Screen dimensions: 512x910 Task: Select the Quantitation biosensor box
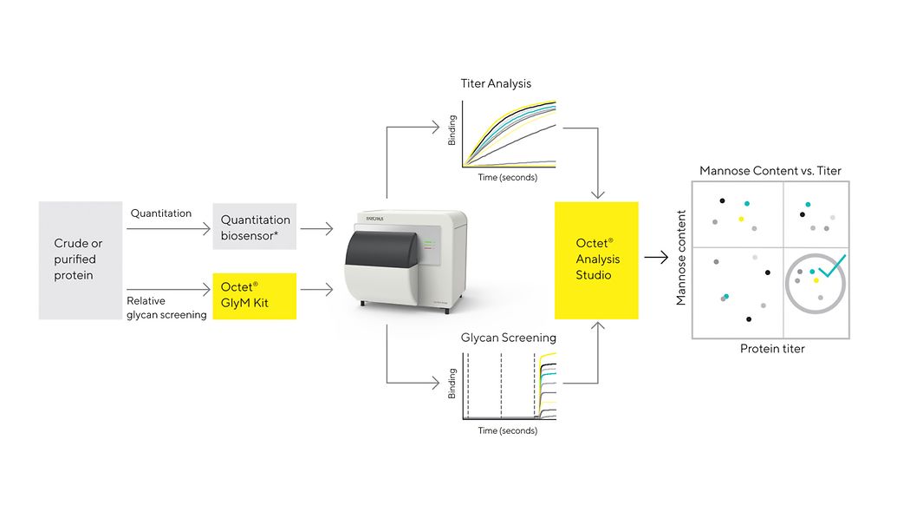click(255, 226)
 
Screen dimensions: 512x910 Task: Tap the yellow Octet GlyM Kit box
click(255, 296)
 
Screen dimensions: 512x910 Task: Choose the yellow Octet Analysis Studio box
click(596, 260)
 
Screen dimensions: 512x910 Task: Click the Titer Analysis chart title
click(496, 84)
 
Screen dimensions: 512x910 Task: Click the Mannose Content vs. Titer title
click(770, 171)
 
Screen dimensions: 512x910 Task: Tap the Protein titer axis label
click(772, 349)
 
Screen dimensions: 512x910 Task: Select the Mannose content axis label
click(681, 258)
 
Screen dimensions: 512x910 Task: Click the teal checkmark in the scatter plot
click(829, 266)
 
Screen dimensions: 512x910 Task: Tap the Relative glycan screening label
click(166, 308)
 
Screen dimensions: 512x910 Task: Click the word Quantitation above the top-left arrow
click(161, 213)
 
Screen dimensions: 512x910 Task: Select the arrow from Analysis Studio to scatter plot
click(655, 259)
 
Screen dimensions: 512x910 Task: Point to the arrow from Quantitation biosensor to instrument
click(316, 229)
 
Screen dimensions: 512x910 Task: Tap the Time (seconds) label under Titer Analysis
click(508, 177)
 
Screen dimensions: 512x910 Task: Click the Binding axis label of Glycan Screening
click(452, 383)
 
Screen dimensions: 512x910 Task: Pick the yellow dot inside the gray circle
click(816, 280)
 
